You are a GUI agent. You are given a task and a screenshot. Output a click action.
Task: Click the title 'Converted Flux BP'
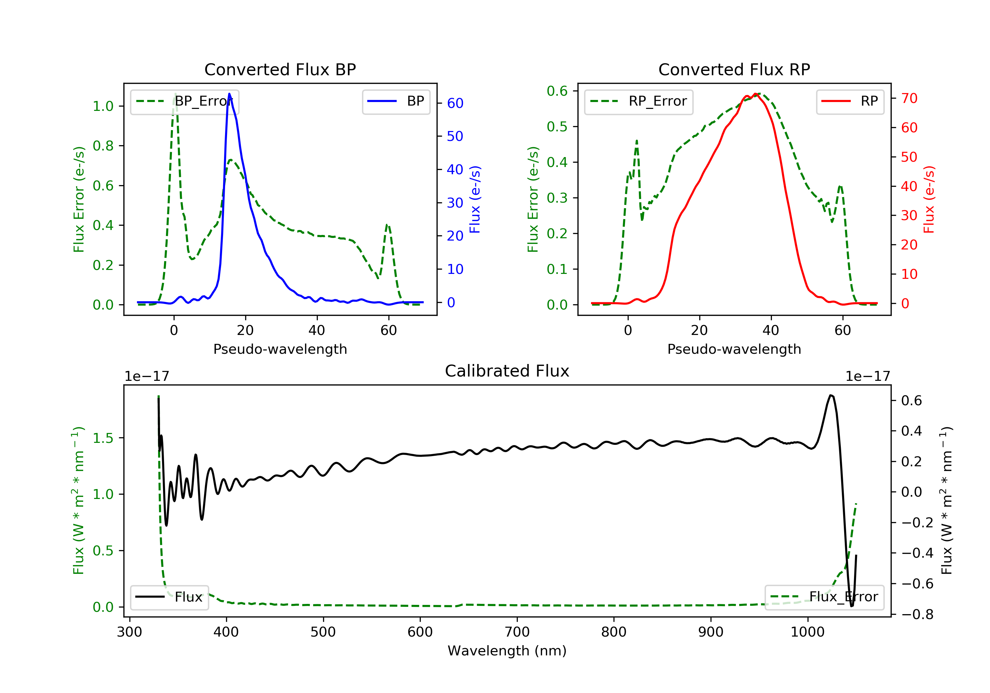(x=280, y=69)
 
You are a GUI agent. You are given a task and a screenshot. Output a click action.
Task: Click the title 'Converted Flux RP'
(x=734, y=69)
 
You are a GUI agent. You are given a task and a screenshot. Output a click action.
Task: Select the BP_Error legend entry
(x=184, y=102)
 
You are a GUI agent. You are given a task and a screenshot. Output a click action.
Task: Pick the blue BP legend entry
(x=396, y=102)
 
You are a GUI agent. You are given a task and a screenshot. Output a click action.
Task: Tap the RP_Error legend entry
(x=638, y=102)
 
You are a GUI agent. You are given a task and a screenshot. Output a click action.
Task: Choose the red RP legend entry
(x=850, y=102)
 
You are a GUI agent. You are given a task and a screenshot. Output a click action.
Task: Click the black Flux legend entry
(x=169, y=597)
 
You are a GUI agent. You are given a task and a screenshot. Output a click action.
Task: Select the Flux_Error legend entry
(x=824, y=597)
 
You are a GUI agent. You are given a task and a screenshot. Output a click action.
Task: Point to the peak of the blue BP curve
(x=229, y=94)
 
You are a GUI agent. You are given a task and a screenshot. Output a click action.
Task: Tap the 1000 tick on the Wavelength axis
(x=807, y=632)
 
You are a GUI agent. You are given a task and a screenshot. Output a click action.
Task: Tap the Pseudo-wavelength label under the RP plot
(x=734, y=349)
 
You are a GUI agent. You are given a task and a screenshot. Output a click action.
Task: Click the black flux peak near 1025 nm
(x=831, y=395)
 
